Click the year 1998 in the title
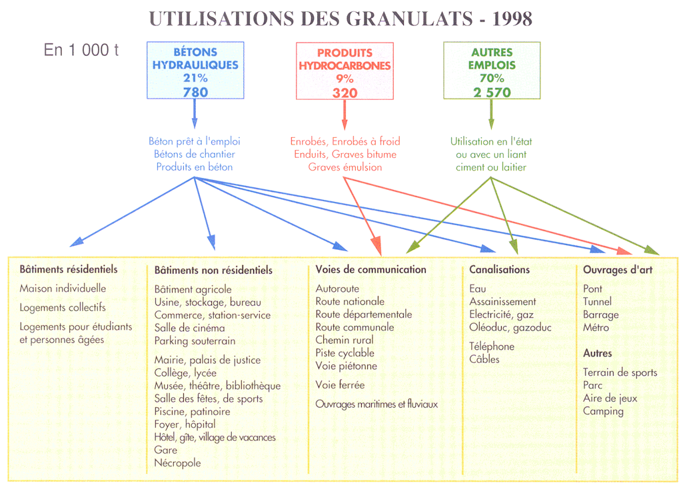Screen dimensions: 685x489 point(512,19)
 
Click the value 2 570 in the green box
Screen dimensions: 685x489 point(492,92)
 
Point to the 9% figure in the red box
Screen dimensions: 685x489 point(344,79)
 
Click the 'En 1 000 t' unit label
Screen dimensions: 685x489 point(81,50)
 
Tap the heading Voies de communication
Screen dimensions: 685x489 point(371,269)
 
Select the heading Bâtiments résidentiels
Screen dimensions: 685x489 point(69,269)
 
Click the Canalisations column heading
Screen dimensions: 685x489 point(499,269)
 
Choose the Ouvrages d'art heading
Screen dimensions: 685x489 point(618,270)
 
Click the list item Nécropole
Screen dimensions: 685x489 point(177,463)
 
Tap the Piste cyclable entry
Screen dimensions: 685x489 point(345,353)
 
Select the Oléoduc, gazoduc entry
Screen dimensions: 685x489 point(510,328)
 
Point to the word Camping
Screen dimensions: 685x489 point(603,411)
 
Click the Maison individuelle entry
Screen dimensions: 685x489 point(63,288)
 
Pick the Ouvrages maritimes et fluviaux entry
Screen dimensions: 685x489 point(376,404)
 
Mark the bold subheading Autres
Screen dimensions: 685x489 point(598,353)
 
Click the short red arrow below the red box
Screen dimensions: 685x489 point(344,115)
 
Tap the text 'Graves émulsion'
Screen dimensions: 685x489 point(345,167)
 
